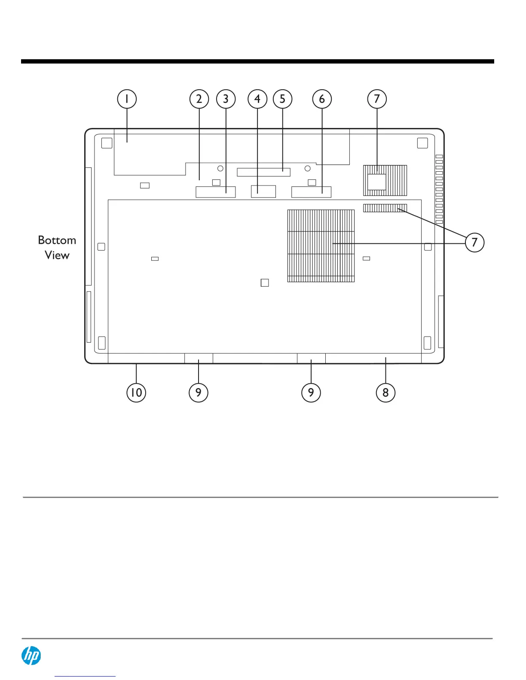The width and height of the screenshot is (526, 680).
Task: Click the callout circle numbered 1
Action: point(127,99)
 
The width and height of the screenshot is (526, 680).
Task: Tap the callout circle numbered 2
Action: point(199,99)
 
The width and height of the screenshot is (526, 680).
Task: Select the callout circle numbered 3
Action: point(226,99)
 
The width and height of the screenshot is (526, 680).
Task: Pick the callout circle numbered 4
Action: point(257,99)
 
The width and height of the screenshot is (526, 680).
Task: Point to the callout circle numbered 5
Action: point(282,99)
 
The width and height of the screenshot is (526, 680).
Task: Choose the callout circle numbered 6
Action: point(322,99)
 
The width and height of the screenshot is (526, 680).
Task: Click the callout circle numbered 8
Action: point(385,392)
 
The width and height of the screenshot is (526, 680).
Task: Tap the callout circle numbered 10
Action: point(136,392)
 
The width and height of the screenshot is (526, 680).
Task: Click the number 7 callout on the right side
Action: point(474,243)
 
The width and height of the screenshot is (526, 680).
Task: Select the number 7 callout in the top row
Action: point(377,99)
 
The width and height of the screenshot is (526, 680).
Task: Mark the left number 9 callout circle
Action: point(198,392)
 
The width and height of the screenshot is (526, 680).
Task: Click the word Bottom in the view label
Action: point(57,240)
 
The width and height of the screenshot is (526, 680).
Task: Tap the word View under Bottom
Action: point(57,255)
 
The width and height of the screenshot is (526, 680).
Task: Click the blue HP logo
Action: point(31,656)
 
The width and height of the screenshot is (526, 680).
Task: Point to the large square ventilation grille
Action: point(321,246)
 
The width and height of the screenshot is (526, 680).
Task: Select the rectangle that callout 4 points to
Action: point(263,191)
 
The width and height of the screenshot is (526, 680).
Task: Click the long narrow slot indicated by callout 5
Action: point(263,172)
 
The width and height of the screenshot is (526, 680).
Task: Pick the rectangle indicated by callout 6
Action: point(311,192)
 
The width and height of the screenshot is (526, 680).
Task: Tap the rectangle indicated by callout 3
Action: point(215,192)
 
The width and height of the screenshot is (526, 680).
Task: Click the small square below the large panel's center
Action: point(265,282)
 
